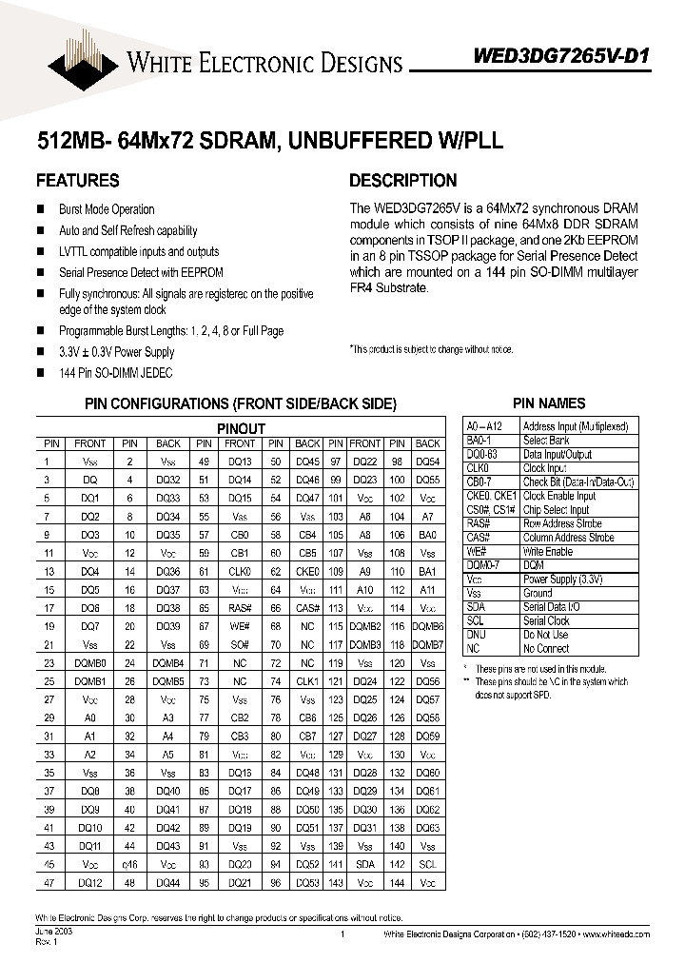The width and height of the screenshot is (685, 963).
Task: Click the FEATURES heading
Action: pos(77,180)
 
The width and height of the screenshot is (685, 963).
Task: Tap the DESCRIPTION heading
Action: pos(402,180)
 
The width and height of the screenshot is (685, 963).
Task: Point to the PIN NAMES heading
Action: pos(549,403)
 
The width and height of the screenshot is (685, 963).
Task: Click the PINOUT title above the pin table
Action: pos(241,429)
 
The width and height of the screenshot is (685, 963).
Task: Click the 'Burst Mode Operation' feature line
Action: pos(107,209)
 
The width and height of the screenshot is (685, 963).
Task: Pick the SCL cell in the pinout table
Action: pos(427,864)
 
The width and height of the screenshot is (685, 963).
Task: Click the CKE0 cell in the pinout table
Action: pos(307,572)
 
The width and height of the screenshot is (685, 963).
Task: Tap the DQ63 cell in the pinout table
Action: pos(428,828)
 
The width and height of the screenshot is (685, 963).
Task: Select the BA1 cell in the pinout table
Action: pos(427,572)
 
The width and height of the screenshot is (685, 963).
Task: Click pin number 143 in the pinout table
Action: pos(335,883)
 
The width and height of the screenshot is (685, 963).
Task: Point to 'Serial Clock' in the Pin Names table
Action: pos(548,620)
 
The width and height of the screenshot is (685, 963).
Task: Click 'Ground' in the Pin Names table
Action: pos(538,593)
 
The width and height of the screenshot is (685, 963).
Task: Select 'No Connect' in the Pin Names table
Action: pos(546,648)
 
